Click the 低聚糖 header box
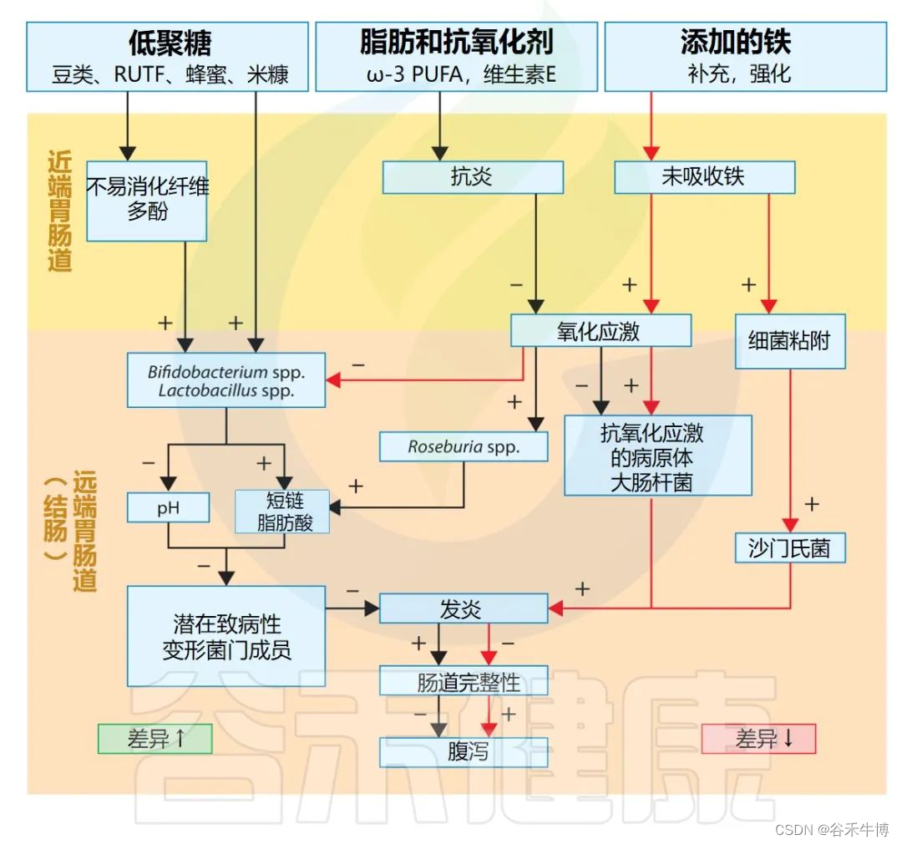point(167,57)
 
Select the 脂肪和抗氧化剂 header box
point(456,57)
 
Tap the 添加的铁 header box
point(745,57)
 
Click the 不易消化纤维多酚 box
point(147,200)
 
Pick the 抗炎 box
point(473,177)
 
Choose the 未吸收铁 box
point(704,177)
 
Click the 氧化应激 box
point(600,330)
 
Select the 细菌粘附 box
point(790,341)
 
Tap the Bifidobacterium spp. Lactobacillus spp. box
point(225,380)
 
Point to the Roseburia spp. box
point(464,446)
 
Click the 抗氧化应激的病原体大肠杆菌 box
point(657,456)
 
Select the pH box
point(168,507)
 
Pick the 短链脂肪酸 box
point(283,512)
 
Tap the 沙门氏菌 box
point(790,547)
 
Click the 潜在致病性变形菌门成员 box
point(226,636)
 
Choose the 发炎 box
point(464,608)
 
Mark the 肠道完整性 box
point(464,680)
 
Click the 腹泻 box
point(464,752)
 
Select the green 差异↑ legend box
point(155,738)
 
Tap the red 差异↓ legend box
point(758,738)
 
